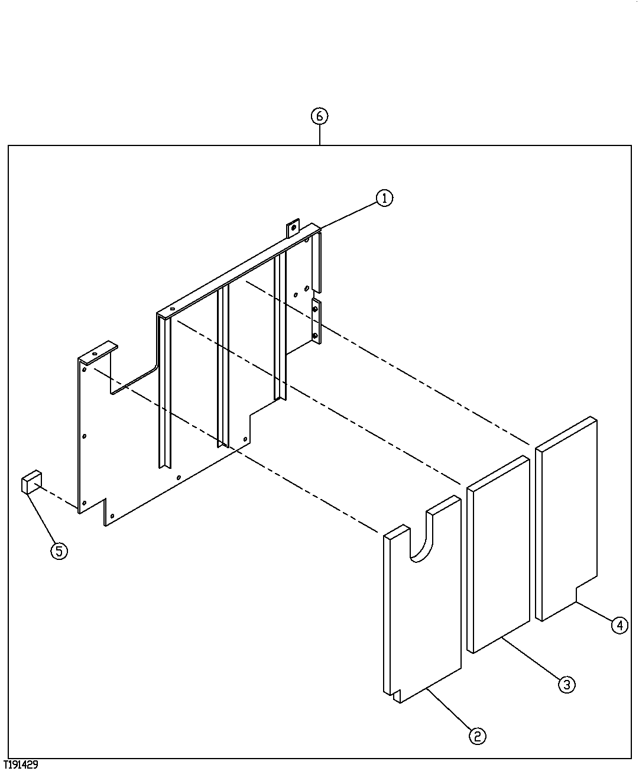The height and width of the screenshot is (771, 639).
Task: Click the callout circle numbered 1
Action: pyautogui.click(x=384, y=198)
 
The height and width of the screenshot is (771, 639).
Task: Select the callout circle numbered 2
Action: pyautogui.click(x=477, y=736)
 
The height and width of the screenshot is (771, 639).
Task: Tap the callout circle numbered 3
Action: pyautogui.click(x=566, y=685)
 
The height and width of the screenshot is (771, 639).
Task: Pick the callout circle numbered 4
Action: pyautogui.click(x=619, y=625)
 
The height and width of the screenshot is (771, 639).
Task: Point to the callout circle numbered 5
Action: pyautogui.click(x=59, y=551)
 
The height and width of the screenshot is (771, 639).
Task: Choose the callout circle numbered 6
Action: pyautogui.click(x=319, y=116)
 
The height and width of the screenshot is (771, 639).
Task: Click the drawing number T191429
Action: pyautogui.click(x=21, y=764)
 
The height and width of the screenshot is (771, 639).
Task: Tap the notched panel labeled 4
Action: pyautogui.click(x=566, y=520)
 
